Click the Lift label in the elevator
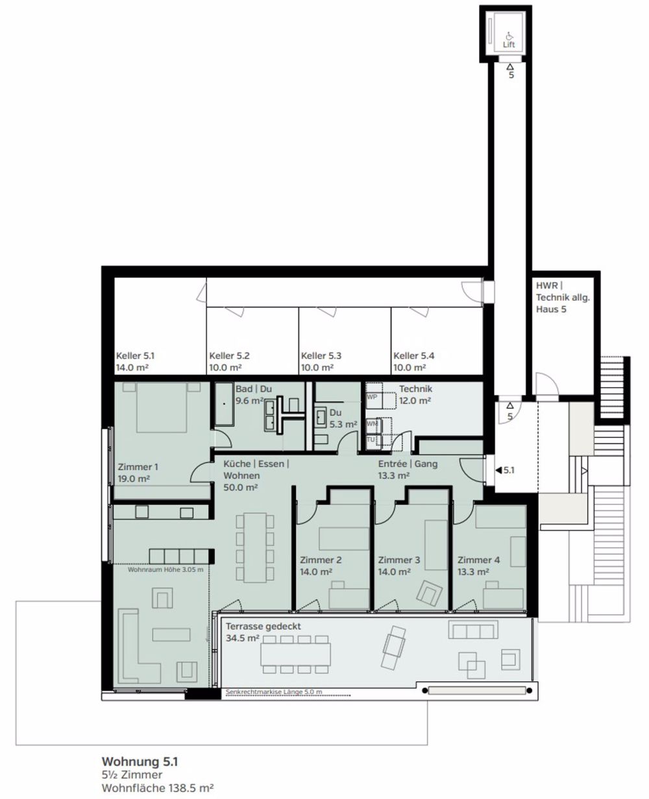pos(509,45)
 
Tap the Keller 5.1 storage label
pos(135,356)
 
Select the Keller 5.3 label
pos(321,356)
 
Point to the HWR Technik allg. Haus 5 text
pos(554,298)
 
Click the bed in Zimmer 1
pos(162,408)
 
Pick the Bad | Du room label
pos(254,388)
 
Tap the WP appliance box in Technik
pos(373,396)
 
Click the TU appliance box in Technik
pos(371,440)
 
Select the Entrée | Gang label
pos(408,464)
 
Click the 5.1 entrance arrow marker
pos(504,470)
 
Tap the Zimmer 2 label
pos(321,560)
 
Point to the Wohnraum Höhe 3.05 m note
pos(165,569)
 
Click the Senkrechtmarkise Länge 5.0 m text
pos(274,693)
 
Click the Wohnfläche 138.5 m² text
pos(158,787)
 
